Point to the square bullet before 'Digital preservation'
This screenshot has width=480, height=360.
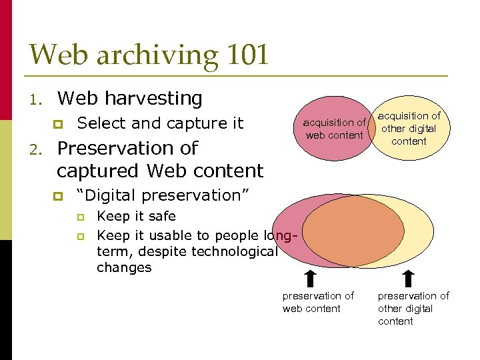click(x=59, y=196)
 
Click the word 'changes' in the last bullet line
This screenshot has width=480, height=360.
click(x=124, y=268)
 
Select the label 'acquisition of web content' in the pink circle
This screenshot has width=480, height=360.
click(x=334, y=129)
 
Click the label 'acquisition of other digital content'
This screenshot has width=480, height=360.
click(x=409, y=129)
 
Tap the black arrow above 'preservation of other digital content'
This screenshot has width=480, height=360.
click(x=408, y=277)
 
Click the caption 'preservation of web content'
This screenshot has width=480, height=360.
click(x=318, y=302)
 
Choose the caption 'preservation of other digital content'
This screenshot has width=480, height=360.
click(x=413, y=308)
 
